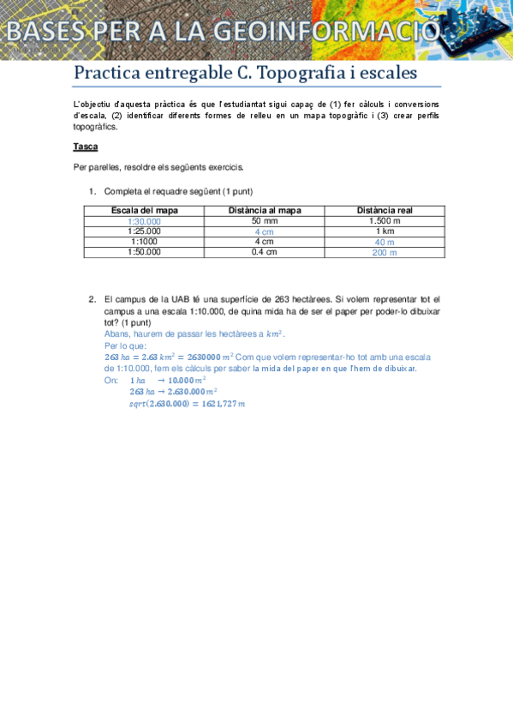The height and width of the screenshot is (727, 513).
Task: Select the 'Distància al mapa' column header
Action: tap(265, 211)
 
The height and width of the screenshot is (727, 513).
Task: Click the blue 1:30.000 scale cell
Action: tap(145, 221)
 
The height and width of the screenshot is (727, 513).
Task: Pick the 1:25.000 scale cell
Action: tap(145, 231)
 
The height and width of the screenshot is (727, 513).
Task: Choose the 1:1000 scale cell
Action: tap(145, 242)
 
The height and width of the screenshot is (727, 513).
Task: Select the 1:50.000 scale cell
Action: tap(145, 252)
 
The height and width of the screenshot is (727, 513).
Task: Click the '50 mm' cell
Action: tap(265, 221)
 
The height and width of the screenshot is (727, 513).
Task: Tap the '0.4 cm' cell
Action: tap(265, 252)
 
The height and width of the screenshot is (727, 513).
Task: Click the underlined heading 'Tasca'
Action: tap(86, 147)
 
